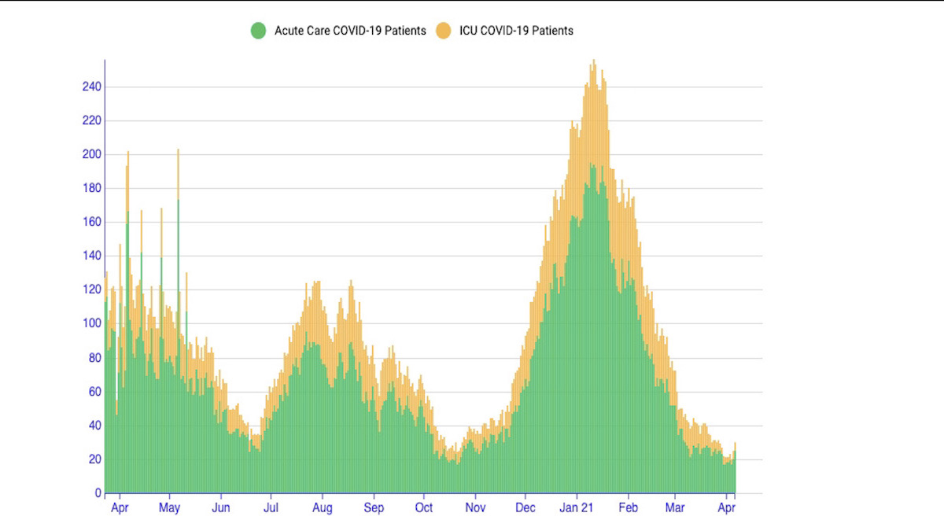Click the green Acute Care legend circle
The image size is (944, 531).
pos(258,31)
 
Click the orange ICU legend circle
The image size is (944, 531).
pos(444,31)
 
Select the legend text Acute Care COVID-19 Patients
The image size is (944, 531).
pos(350,31)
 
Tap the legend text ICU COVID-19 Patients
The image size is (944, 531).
pos(516,31)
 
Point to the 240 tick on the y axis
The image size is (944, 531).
pos(92,87)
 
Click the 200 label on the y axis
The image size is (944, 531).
pos(92,154)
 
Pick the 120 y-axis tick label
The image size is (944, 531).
pos(92,289)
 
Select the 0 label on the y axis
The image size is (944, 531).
pos(98,493)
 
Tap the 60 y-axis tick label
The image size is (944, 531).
pos(95,392)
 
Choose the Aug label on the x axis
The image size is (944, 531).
pos(322,508)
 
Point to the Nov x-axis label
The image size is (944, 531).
pos(475,508)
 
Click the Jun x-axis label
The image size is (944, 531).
pos(221,508)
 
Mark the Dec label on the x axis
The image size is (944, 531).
pos(525,508)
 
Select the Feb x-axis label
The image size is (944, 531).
pos(628,508)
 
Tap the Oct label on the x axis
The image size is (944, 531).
pos(424,508)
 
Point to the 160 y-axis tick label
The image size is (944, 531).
pos(92,222)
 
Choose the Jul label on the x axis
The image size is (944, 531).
pos(271,508)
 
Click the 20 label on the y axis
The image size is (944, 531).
pos(95,459)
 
